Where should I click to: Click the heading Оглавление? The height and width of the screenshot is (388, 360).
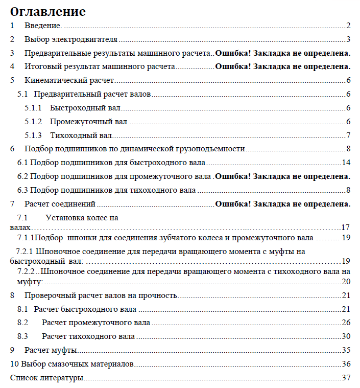tap(47, 11)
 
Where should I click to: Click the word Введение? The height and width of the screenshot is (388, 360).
tap(43, 26)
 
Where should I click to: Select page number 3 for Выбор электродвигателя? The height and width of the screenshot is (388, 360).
tap(348, 39)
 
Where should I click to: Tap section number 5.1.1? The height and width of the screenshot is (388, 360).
tap(33, 108)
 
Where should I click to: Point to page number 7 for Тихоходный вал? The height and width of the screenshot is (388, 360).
tap(348, 135)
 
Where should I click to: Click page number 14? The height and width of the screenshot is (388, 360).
tap(346, 163)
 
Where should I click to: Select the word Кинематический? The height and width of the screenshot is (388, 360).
tap(53, 80)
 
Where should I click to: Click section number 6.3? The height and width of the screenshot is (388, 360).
tap(22, 191)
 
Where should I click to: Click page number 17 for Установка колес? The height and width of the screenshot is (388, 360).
tap(345, 227)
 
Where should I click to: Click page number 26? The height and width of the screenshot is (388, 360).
tap(346, 323)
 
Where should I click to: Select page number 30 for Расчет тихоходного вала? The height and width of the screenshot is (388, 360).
tap(346, 336)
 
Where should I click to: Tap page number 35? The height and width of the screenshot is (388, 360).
tap(346, 350)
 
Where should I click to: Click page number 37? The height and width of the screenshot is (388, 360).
tap(346, 378)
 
